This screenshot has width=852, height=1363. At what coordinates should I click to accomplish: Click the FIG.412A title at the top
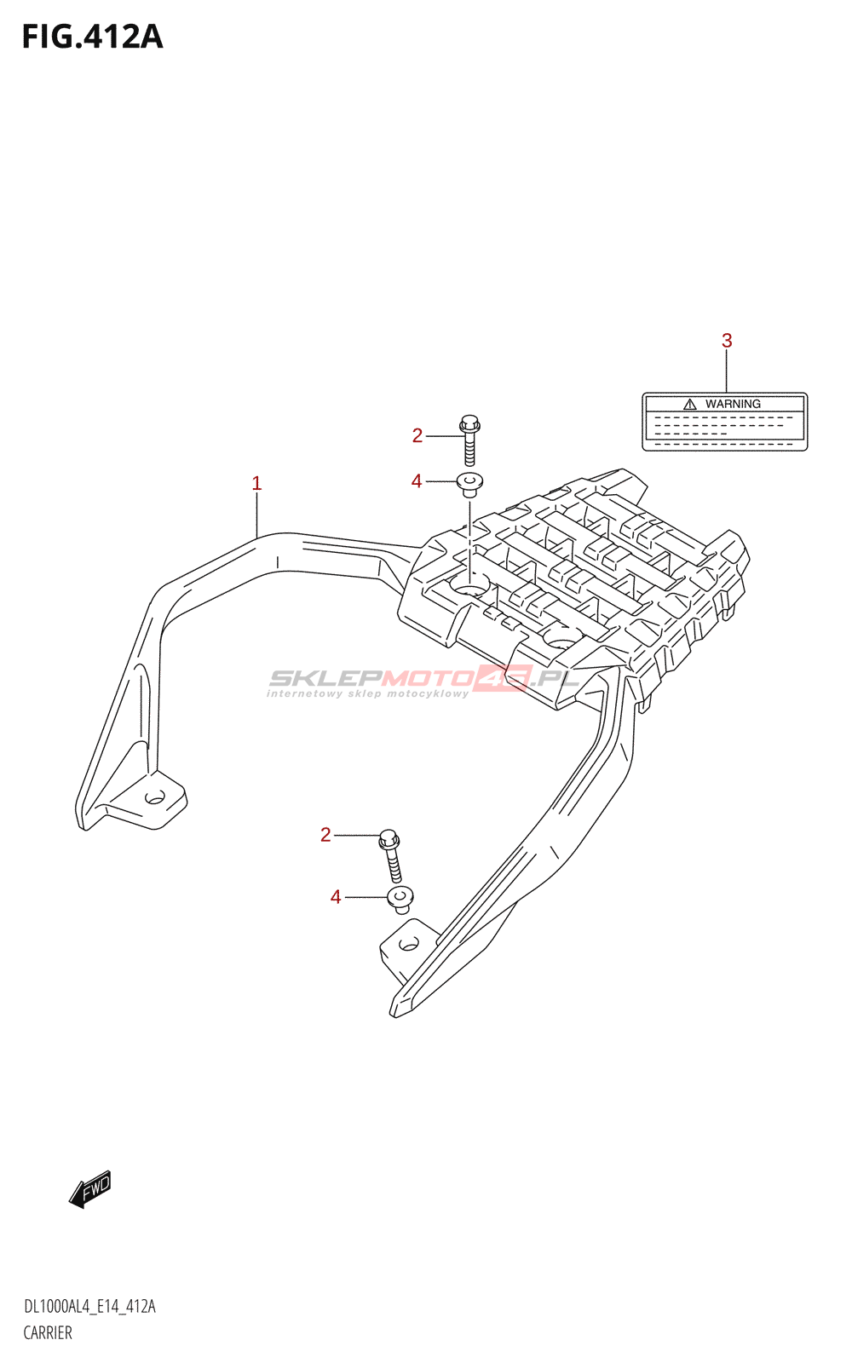[x=93, y=37]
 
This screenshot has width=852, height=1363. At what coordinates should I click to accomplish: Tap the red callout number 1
[x=256, y=484]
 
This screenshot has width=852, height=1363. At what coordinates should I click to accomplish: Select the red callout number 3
[x=727, y=341]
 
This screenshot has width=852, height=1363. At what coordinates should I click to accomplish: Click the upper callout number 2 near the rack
[x=417, y=435]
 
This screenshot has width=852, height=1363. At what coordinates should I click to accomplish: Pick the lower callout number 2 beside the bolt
[x=325, y=835]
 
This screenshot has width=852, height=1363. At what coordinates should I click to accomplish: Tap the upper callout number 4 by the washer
[x=417, y=481]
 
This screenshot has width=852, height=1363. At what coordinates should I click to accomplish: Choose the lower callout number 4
[x=336, y=897]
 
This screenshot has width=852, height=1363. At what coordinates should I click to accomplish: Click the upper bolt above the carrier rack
[x=469, y=440]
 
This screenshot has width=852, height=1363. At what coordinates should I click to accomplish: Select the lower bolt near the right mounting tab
[x=391, y=855]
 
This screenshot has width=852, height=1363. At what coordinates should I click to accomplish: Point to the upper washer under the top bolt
[x=469, y=485]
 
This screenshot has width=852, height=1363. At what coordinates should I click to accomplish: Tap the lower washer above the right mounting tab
[x=400, y=900]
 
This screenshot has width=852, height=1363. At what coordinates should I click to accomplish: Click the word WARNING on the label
[x=733, y=404]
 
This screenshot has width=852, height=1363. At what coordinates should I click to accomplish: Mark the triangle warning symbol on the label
[x=689, y=404]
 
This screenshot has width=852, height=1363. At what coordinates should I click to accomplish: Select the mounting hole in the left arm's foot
[x=154, y=797]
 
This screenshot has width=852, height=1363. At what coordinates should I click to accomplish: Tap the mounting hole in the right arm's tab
[x=408, y=945]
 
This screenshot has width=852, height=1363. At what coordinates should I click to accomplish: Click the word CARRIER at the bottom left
[x=48, y=1332]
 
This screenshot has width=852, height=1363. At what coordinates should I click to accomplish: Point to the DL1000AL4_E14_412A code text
[x=89, y=1306]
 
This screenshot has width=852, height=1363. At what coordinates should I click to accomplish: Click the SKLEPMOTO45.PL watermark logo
[x=423, y=681]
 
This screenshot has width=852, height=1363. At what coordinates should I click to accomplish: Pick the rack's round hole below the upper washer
[x=470, y=587]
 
